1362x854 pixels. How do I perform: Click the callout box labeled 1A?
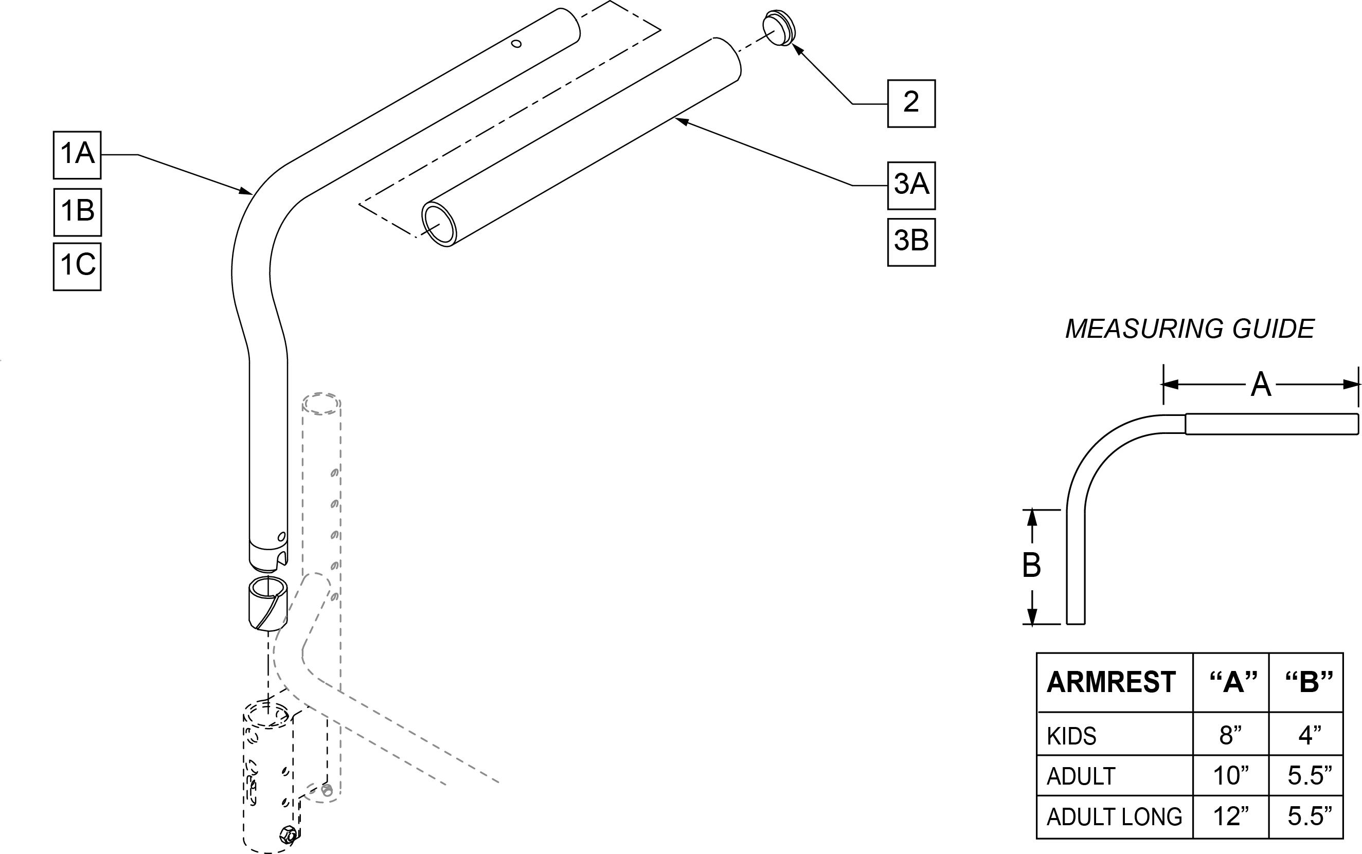[x=77, y=155]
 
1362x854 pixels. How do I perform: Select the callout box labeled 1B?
[x=77, y=212]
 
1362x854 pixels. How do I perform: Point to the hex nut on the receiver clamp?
[x=288, y=833]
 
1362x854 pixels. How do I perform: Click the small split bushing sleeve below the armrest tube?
[x=268, y=604]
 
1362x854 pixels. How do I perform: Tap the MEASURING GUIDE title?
[x=1190, y=329]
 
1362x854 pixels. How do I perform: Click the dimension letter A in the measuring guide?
[x=1260, y=385]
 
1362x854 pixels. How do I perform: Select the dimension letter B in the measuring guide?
[x=1031, y=566]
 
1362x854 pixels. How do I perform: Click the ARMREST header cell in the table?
[x=1110, y=682]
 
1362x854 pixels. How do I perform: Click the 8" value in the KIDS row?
[x=1230, y=735]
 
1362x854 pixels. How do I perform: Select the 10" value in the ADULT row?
[x=1230, y=776]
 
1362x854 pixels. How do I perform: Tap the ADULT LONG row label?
[x=1114, y=816]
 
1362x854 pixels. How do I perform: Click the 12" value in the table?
[x=1230, y=816]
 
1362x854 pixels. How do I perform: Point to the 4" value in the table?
[x=1309, y=735]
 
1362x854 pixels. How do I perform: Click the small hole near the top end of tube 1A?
[x=516, y=44]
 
